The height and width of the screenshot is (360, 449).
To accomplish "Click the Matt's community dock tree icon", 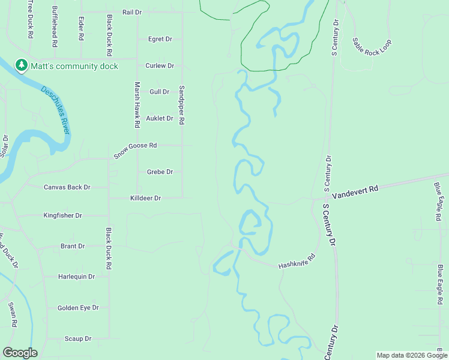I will click(x=21, y=64).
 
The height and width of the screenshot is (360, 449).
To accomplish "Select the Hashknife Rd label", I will click(x=297, y=262).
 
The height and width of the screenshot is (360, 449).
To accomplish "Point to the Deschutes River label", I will click(x=55, y=109).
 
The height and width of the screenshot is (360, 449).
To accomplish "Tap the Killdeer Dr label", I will click(x=145, y=198).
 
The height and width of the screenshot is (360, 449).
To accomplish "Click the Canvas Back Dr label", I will click(x=67, y=187).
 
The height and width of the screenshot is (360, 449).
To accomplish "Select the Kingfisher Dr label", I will click(x=62, y=215).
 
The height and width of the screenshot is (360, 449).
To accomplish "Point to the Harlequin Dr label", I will click(x=76, y=277).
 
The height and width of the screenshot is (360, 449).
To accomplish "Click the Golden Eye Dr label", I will click(x=77, y=308).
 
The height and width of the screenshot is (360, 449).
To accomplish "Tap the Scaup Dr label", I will click(x=77, y=339).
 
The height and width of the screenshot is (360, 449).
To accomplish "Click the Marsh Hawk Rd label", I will click(x=137, y=104).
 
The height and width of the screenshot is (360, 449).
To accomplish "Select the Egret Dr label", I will click(x=160, y=39).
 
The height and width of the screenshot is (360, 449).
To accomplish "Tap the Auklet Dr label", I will click(x=160, y=118).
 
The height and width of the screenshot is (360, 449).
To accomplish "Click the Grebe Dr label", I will click(x=160, y=172).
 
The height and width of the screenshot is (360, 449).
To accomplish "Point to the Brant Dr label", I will click(x=73, y=246).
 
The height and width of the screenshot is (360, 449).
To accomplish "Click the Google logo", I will click(x=20, y=353).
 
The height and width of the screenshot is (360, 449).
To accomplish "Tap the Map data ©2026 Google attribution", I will click(x=412, y=355).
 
